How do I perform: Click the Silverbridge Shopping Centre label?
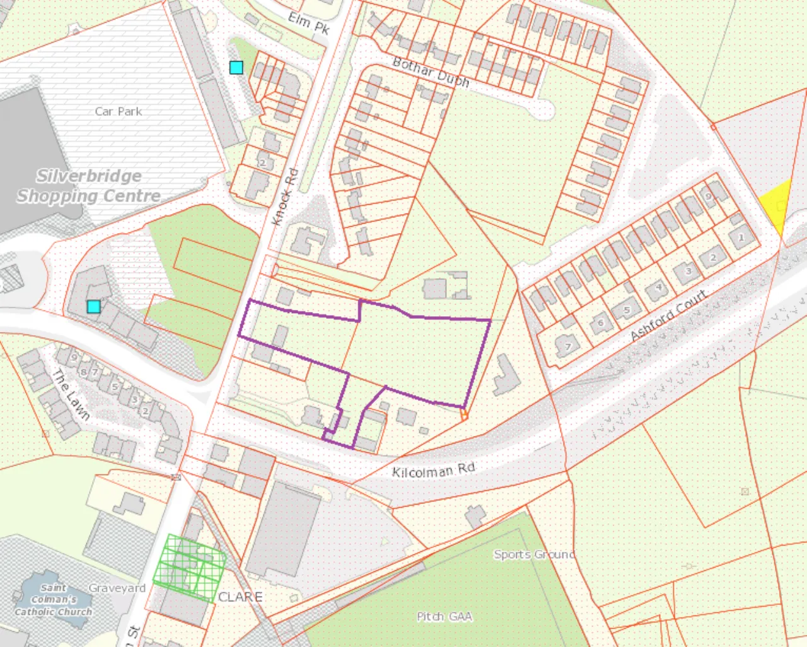(88, 186)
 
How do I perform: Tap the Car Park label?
(119, 112)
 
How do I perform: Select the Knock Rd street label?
(284, 197)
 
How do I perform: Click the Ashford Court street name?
(668, 316)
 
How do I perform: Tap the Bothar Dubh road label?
(431, 72)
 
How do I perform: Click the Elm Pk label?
(309, 23)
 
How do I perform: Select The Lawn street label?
(71, 395)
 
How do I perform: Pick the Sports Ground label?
(534, 554)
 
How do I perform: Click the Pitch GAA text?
(444, 616)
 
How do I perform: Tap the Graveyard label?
(117, 588)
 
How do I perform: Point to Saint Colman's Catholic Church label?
(54, 599)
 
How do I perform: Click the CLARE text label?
(240, 597)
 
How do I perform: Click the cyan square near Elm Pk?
(236, 67)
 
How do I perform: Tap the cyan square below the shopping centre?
(93, 307)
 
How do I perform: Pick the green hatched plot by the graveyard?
(190, 568)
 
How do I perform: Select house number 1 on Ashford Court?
(741, 238)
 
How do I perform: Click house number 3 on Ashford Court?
(688, 272)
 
